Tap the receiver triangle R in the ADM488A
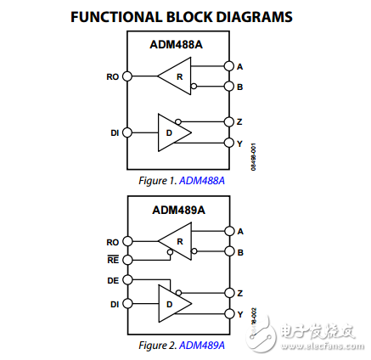tap(175, 76)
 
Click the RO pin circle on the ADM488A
tap(127, 76)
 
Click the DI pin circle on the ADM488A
tap(127, 132)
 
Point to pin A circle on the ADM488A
tap(228, 65)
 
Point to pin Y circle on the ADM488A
tap(228, 143)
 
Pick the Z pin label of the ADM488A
tap(239, 121)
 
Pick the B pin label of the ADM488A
tap(239, 86)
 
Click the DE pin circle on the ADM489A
tap(127, 278)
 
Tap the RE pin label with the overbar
tap(113, 260)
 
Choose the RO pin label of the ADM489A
tap(113, 242)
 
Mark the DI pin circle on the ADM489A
tap(127, 303)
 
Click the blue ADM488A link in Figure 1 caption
tap(203, 181)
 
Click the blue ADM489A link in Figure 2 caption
tap(203, 346)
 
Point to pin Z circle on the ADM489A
tap(228, 293)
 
